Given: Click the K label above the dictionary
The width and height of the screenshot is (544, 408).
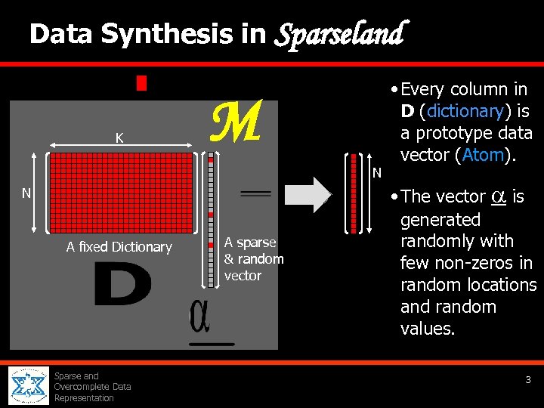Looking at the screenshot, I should click(119, 138).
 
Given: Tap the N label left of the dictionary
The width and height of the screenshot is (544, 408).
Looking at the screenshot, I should click(26, 193).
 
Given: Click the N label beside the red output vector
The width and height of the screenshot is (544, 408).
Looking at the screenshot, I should click(377, 174).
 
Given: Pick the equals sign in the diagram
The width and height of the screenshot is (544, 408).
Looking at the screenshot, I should click(255, 193).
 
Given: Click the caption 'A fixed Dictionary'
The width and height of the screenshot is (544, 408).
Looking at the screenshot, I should click(119, 247).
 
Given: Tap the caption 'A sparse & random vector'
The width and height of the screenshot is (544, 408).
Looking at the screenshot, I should click(253, 259).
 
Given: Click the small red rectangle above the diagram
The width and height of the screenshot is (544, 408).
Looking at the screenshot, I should click(141, 82).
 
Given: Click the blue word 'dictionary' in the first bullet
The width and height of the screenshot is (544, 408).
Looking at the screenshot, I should click(465, 111).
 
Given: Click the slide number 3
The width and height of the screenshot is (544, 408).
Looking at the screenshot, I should click(529, 380).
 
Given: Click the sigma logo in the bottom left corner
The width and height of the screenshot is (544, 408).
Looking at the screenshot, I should click(29, 385).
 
